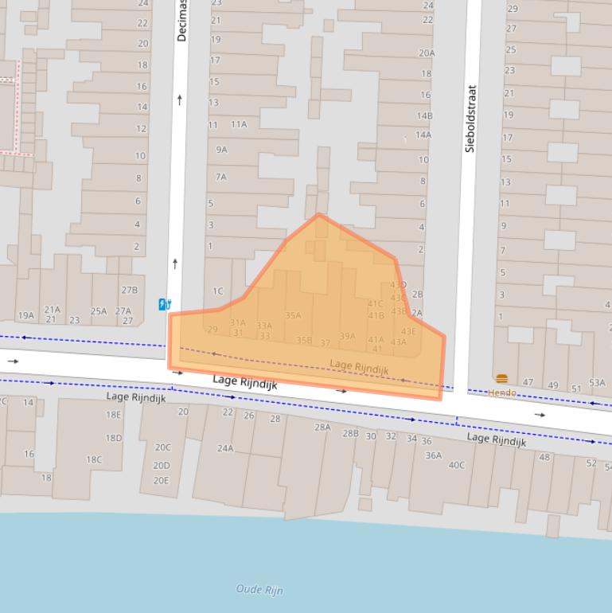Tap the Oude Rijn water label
coord(259,589)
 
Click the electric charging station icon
coord(165,303)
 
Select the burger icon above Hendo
coord(501,379)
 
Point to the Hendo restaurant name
coord(501,392)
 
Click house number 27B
coord(129,291)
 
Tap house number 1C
coord(217,291)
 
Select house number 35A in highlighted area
coord(293,315)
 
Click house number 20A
coord(427,53)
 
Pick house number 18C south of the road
coord(94,459)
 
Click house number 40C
coord(456,465)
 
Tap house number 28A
coord(322,428)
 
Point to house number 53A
coord(597,383)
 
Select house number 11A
coord(239,124)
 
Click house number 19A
coord(25,315)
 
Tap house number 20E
coord(162,480)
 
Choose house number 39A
coord(348,336)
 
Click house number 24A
coord(225,448)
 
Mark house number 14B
coord(424,115)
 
